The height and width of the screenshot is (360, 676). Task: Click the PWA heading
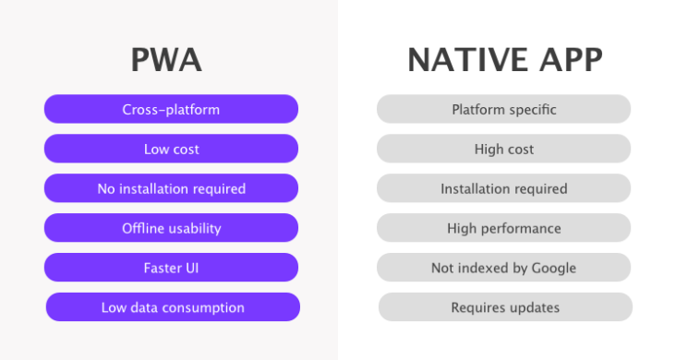[x=166, y=60]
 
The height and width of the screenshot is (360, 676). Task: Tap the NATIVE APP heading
[x=504, y=60]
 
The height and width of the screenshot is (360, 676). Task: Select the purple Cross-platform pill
[x=171, y=109]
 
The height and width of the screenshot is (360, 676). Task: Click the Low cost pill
[x=171, y=149]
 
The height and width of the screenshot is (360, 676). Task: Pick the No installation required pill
[x=171, y=188]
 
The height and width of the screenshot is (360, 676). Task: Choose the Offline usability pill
[x=171, y=228]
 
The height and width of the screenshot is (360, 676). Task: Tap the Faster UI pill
[x=171, y=268]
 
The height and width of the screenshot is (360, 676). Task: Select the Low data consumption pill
[x=173, y=307]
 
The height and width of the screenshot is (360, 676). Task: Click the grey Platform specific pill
[x=503, y=109]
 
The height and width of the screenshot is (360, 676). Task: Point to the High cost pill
[x=503, y=149]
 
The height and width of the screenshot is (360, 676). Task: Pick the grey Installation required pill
[x=503, y=188]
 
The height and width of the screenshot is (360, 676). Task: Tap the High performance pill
[x=503, y=228]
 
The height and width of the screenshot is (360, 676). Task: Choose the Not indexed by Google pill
[x=503, y=268]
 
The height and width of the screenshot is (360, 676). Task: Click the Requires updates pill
[x=505, y=307]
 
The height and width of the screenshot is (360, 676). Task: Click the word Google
[x=553, y=268]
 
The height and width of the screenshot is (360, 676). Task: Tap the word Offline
[x=143, y=228]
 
